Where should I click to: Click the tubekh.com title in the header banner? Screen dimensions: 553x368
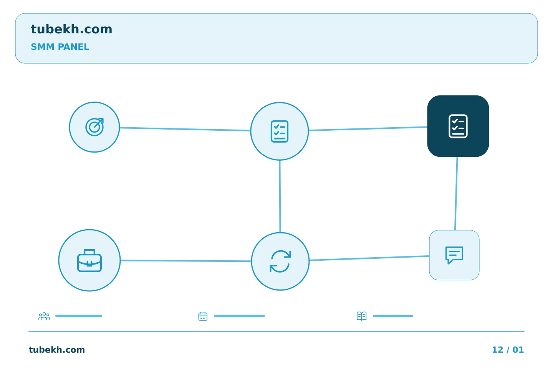click(71, 29)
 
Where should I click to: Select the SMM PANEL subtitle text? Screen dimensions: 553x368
click(60, 47)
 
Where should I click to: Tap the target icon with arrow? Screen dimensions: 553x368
click(94, 127)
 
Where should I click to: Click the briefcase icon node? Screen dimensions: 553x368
click(89, 260)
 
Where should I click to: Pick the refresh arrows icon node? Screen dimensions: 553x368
click(280, 261)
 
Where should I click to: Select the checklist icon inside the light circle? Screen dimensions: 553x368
click(280, 131)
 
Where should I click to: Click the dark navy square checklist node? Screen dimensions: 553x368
click(458, 126)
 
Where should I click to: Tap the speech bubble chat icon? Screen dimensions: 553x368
click(454, 255)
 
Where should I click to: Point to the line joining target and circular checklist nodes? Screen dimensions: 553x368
click(185, 129)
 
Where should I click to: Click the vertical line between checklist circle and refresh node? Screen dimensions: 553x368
click(280, 196)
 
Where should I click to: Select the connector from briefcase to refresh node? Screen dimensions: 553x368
click(186, 261)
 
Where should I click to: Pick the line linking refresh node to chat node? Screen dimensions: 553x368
click(369, 258)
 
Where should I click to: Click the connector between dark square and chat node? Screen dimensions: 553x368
click(456, 194)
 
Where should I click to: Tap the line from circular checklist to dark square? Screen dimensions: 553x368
click(368, 129)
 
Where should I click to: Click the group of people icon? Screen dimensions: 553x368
click(44, 316)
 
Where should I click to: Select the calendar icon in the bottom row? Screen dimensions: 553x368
click(203, 316)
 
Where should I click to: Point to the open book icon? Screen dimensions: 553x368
click(362, 316)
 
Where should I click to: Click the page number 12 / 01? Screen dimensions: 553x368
click(508, 350)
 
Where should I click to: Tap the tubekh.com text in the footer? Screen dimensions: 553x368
click(57, 350)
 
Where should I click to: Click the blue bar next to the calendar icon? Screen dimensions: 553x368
click(240, 316)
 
